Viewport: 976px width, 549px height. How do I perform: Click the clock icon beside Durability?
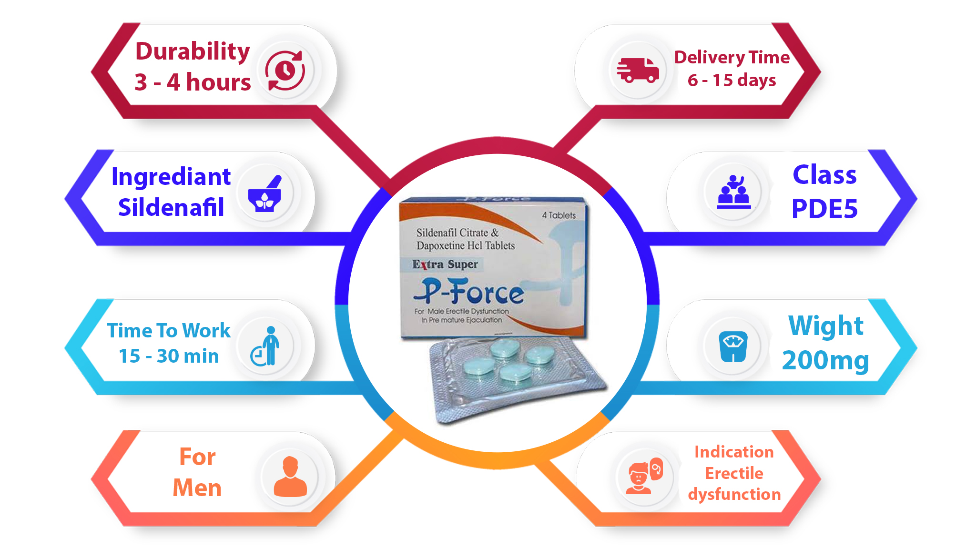(x=285, y=71)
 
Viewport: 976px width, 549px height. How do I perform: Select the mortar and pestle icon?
(x=265, y=194)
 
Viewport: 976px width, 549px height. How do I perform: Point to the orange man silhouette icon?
(x=290, y=477)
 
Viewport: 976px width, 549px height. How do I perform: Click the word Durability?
(x=193, y=51)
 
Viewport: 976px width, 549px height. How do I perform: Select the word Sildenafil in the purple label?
(x=171, y=207)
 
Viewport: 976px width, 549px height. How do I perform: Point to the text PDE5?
(x=824, y=209)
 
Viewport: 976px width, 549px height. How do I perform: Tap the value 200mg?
(x=825, y=361)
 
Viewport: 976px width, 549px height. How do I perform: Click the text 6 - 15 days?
(x=732, y=80)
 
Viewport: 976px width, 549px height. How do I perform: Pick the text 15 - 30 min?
(x=169, y=356)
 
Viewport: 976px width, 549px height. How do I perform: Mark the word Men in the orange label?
(x=197, y=488)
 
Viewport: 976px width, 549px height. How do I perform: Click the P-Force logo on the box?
(x=469, y=291)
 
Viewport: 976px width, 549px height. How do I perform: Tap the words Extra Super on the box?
(x=445, y=264)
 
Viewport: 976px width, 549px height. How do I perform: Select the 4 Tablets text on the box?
(x=559, y=215)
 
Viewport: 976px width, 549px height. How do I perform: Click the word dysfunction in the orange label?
(x=734, y=495)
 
